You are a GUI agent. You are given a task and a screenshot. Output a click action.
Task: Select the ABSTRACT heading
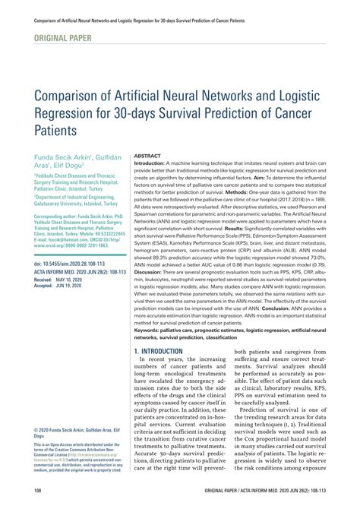pos(150,155)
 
